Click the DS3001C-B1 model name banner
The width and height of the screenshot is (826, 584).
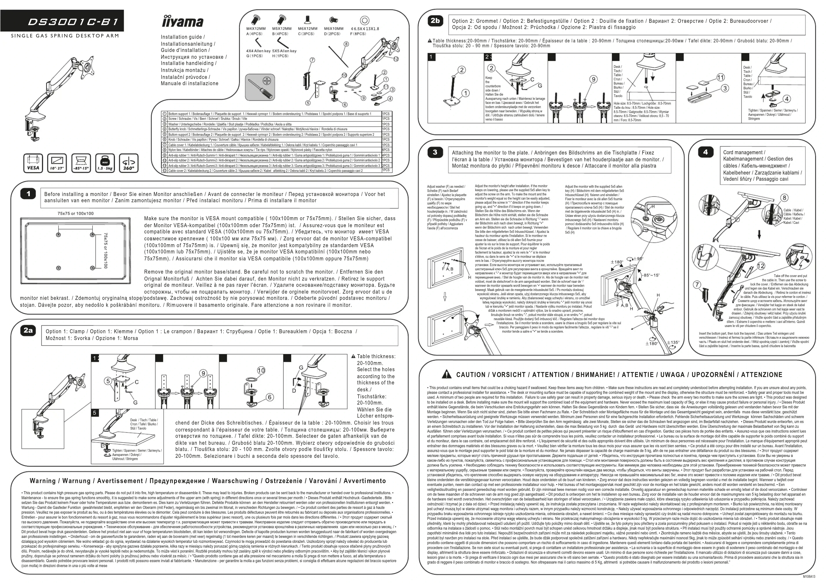pyautogui.click(x=73, y=22)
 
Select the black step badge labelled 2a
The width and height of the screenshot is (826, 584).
pyautogui.click(x=28, y=330)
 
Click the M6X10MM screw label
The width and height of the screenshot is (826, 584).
pyautogui.click(x=334, y=28)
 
